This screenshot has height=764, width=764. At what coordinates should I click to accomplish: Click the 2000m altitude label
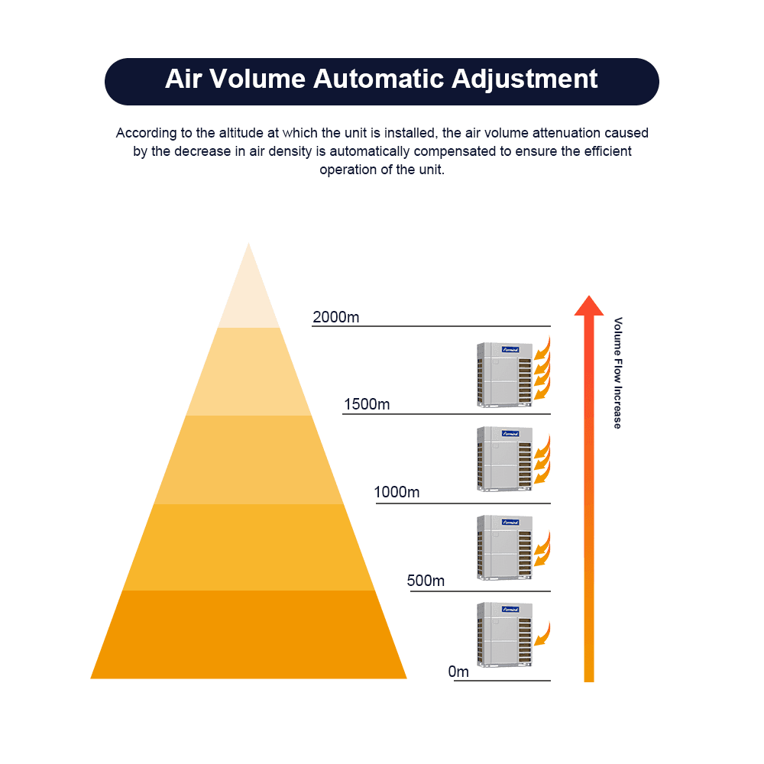point(335,317)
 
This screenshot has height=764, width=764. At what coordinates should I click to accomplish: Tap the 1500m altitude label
point(367,404)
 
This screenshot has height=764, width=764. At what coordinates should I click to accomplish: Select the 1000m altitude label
point(397,493)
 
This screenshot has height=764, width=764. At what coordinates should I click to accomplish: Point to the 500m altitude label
point(426,581)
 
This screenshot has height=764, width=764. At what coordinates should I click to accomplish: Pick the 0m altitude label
point(458,672)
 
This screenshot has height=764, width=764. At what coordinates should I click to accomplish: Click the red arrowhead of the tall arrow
point(588,306)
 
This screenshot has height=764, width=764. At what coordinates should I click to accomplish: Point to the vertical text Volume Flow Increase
point(618,372)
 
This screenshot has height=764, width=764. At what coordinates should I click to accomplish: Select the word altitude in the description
point(231,133)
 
